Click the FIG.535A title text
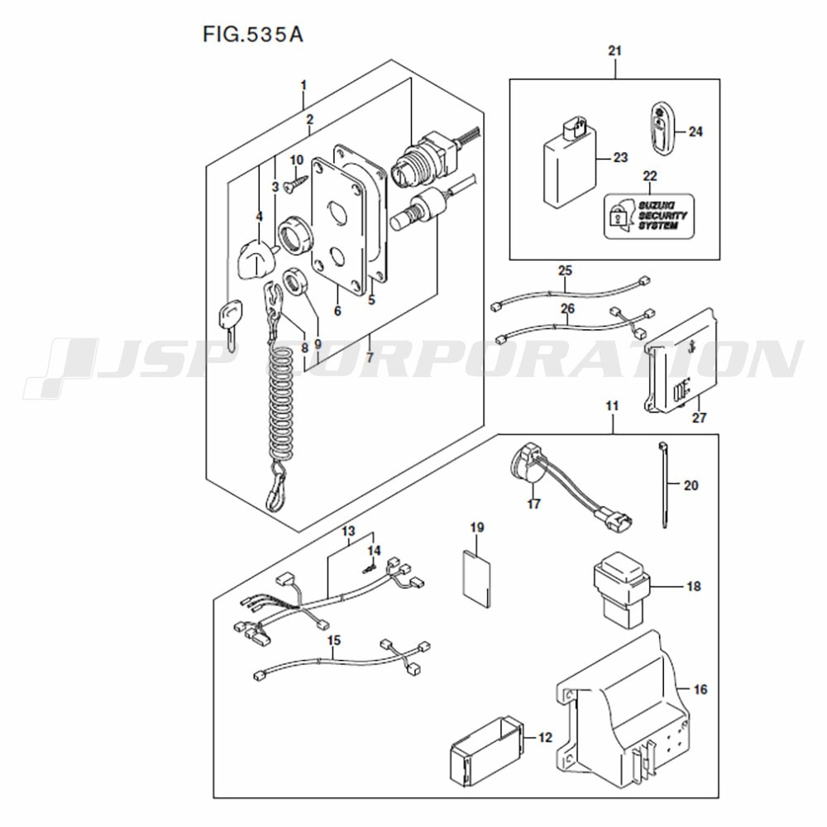pos(246,36)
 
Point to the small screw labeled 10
pos(292,184)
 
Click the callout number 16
pos(700,688)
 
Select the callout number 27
pos(700,418)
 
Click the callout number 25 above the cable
pos(565,270)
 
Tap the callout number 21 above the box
pos(614,51)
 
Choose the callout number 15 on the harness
pos(334,640)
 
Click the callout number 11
pos(612,406)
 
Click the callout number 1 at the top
pos(304,85)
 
